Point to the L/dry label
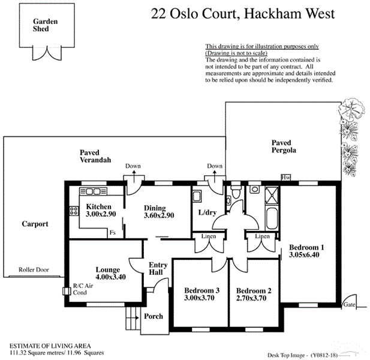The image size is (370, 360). [207, 213]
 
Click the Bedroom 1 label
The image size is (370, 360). [306, 247]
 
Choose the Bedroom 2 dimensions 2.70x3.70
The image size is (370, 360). [254, 298]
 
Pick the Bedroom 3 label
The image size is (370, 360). [201, 290]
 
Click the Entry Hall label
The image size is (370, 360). [158, 269]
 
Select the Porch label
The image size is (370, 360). [154, 316]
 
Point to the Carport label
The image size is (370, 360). [35, 224]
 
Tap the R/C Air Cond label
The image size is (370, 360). [80, 289]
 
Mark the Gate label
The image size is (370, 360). [350, 304]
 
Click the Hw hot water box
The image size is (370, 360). [287, 178]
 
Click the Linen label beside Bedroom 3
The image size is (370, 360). [209, 237]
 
